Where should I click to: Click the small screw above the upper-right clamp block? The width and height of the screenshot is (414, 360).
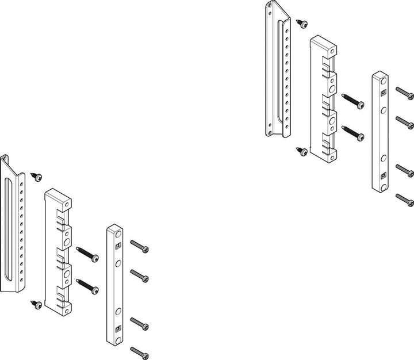302,23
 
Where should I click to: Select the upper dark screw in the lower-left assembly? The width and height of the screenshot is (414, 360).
87,254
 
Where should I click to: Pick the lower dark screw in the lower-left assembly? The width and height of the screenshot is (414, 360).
87,286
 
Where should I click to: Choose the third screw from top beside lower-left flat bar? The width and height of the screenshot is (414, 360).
140,323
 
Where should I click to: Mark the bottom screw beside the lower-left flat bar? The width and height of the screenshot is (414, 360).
140,352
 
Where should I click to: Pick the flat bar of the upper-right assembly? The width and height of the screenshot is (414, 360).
379,132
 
